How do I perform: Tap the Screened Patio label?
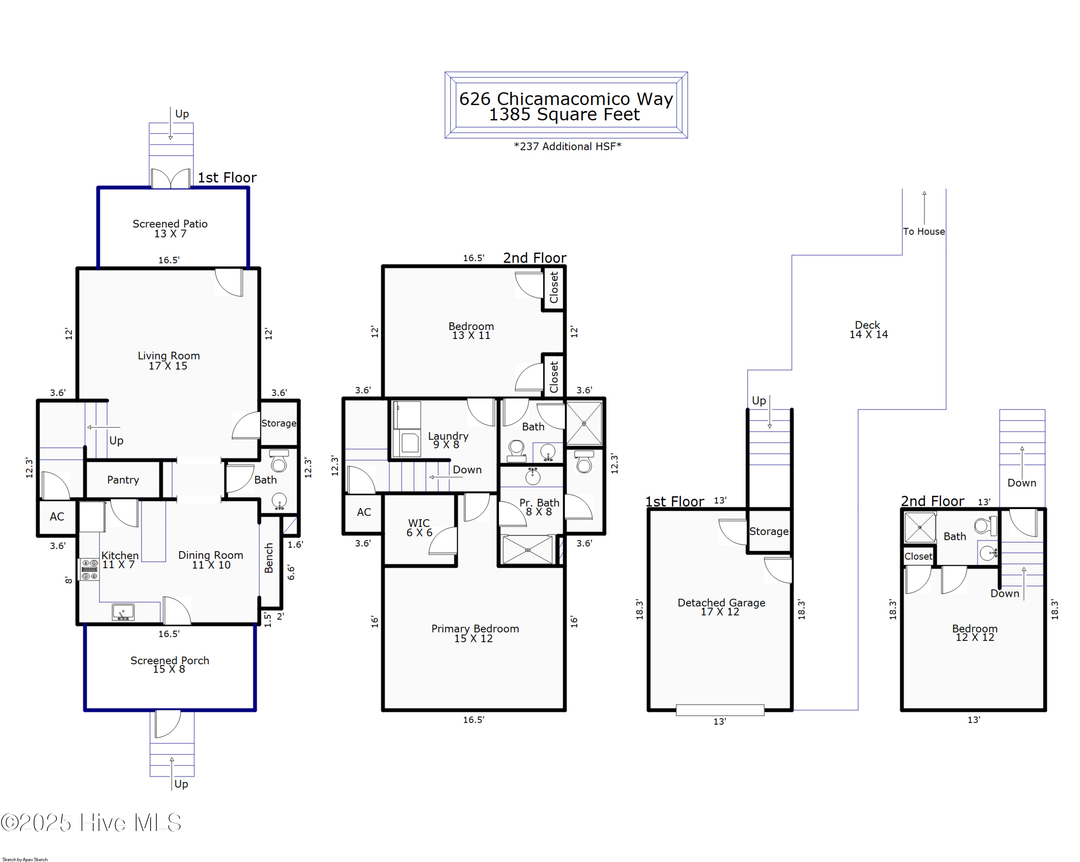pos(170,228)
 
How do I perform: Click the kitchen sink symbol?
pos(123,612)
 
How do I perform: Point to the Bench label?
pos(269,558)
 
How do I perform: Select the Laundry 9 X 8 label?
pos(448,440)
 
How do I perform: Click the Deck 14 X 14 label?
pos(868,330)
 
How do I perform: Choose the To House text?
pos(924,232)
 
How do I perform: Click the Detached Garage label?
pos(721,607)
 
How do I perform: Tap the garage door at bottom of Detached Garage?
pos(720,710)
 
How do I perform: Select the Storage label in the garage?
pos(769,531)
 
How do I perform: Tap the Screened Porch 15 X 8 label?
pos(170,665)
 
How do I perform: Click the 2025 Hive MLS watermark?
pos(91,823)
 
